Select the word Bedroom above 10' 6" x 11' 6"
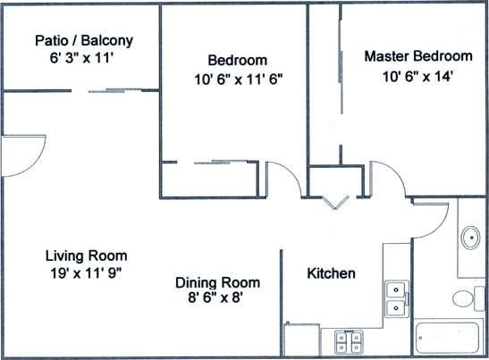coord(237,60)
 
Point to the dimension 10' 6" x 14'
coord(412,76)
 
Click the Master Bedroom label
coord(412,56)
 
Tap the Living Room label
coord(86,255)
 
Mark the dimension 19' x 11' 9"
coord(86,273)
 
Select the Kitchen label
coord(332,273)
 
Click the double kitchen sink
coord(396,298)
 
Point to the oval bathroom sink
coord(470,239)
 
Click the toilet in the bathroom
coord(465,297)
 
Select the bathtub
coord(450,340)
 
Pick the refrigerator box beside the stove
coord(302,341)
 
